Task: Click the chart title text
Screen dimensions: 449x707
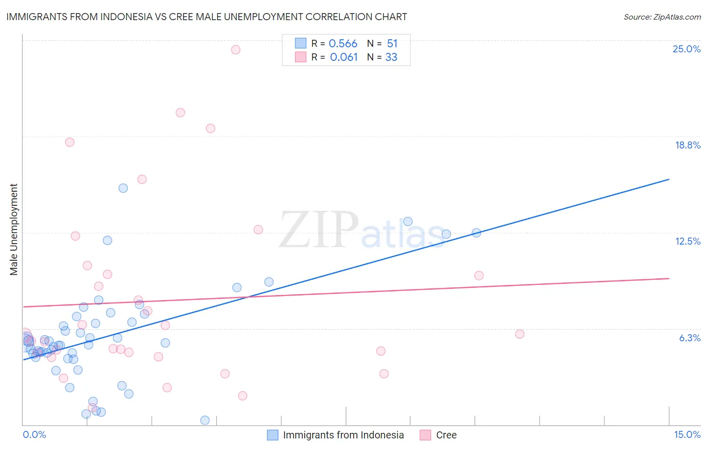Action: (207, 17)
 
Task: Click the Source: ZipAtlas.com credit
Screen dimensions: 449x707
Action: (662, 17)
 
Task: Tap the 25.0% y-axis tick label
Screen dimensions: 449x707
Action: (686, 49)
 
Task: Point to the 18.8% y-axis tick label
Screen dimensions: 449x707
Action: (687, 145)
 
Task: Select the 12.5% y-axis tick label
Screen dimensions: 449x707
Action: (687, 241)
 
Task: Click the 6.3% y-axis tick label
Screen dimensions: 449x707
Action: (689, 338)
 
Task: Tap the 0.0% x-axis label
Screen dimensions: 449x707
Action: (34, 434)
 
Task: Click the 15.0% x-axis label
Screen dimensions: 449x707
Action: (687, 434)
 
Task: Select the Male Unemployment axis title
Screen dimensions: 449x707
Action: (14, 230)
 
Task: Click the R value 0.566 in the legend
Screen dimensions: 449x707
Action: (343, 44)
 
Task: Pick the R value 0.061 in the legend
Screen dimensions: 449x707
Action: (344, 57)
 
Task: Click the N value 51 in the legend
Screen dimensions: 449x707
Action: (392, 44)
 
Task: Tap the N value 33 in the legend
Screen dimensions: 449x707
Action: (391, 57)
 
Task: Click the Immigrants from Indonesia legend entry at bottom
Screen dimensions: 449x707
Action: (343, 435)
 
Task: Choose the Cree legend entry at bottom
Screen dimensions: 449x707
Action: (446, 435)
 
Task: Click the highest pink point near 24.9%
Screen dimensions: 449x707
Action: (235, 49)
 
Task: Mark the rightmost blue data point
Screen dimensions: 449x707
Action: (476, 233)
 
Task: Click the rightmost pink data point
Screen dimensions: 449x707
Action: (519, 334)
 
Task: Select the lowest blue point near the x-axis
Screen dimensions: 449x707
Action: (205, 420)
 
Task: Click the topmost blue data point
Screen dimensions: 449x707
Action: (123, 188)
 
